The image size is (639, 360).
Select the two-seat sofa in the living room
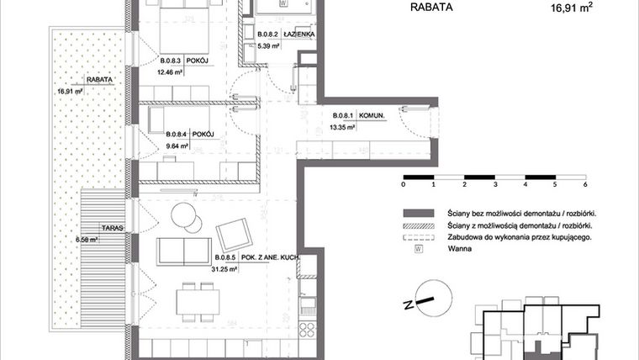pos(185,250)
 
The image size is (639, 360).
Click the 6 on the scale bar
pos(584,183)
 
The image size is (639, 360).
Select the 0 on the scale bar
pos(404,183)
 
